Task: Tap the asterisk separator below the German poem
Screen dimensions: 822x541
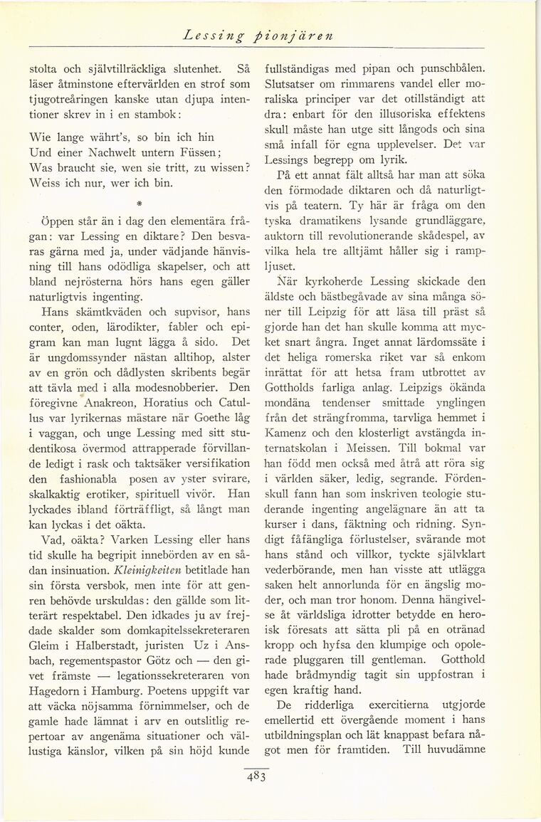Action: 142,192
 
